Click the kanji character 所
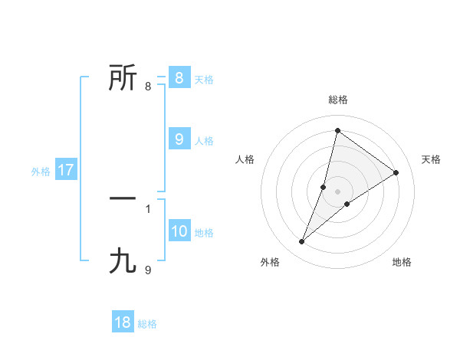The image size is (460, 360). click(x=123, y=77)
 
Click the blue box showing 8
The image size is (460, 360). click(x=179, y=77)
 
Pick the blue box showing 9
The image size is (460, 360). click(x=179, y=139)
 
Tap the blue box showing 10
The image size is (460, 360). click(x=179, y=231)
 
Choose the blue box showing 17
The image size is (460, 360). click(x=65, y=170)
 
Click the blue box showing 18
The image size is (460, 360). click(x=123, y=322)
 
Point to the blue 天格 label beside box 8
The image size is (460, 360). click(x=204, y=79)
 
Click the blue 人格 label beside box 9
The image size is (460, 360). click(x=204, y=140)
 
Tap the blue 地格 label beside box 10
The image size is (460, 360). click(x=204, y=232)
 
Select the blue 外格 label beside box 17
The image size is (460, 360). click(x=41, y=172)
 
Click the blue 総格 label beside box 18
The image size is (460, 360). click(x=147, y=324)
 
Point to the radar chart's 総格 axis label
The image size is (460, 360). click(x=337, y=100)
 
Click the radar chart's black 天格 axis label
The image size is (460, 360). click(x=431, y=159)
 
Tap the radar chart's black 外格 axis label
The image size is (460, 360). click(x=270, y=262)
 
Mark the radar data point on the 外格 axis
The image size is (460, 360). click(x=302, y=242)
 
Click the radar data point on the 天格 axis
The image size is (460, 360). click(x=396, y=172)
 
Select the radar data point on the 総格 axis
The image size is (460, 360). click(x=337, y=130)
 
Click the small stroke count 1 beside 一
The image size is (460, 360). click(x=148, y=208)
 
